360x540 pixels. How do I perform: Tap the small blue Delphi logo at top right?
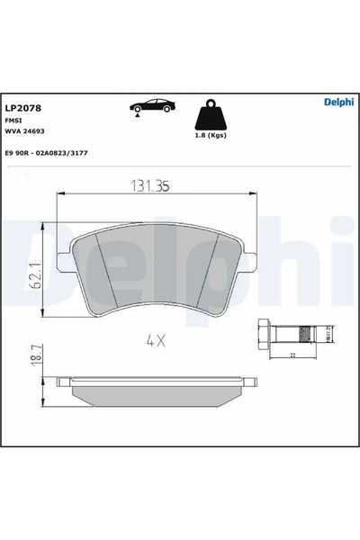click(x=338, y=102)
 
